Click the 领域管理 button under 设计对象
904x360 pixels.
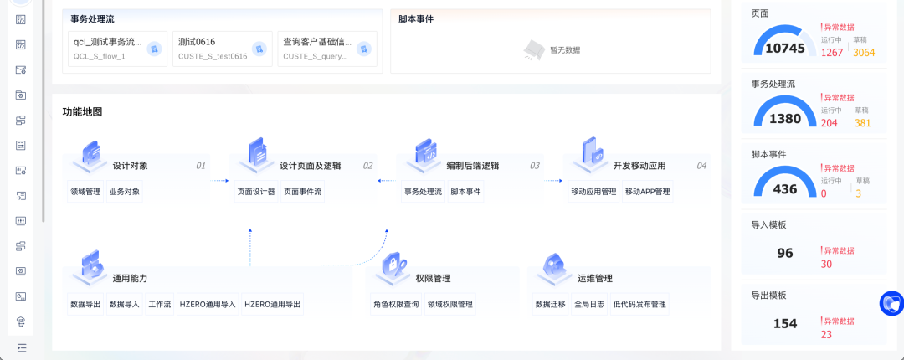pos(85,192)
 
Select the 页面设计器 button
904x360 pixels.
pos(255,192)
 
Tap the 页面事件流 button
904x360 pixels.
pos(302,192)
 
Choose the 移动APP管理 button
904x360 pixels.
pos(647,192)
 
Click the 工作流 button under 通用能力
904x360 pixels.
pos(159,305)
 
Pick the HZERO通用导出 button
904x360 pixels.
pos(272,305)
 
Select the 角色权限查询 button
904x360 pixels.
pos(396,305)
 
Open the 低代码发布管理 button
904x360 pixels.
pos(639,305)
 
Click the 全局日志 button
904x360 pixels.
pos(589,305)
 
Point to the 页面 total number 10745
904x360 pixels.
pos(785,49)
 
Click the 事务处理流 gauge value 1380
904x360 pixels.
pos(785,119)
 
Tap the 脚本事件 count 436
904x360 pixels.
pos(785,189)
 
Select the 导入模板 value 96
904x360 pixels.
pos(785,254)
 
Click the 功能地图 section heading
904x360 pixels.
pos(82,112)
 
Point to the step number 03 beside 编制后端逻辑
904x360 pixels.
pos(534,166)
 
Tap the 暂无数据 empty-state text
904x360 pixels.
pos(565,50)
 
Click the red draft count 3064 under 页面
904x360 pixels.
pos(864,53)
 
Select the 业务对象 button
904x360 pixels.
pos(124,192)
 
